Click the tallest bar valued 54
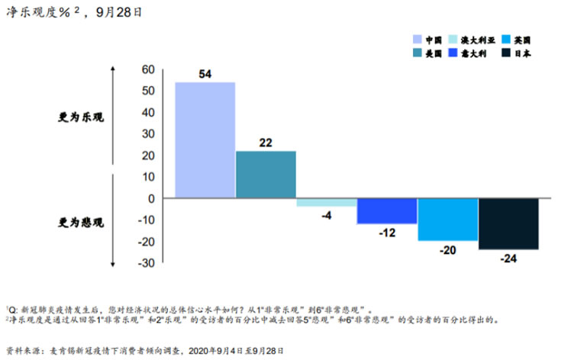pyautogui.click(x=205, y=140)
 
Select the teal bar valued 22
pyautogui.click(x=265, y=175)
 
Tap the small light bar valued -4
pyautogui.click(x=326, y=202)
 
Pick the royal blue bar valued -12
pyautogui.click(x=386, y=211)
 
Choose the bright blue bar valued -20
pyautogui.click(x=447, y=220)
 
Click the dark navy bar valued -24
pyautogui.click(x=508, y=223)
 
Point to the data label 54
pyautogui.click(x=205, y=74)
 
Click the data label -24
pyautogui.click(x=508, y=259)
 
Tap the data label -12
pyautogui.click(x=386, y=233)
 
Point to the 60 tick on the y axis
pyautogui.click(x=147, y=69)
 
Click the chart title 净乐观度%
pyautogui.click(x=42, y=12)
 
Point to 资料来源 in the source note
pyautogui.click(x=24, y=350)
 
